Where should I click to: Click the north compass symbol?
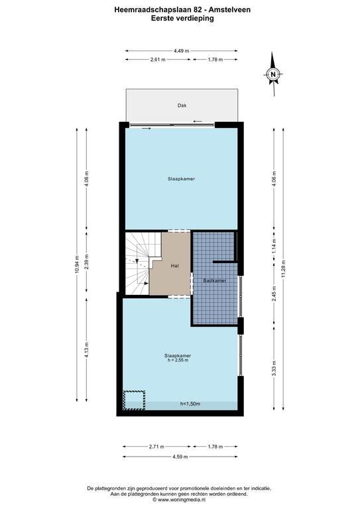click(x=273, y=74)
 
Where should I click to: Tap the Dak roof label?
click(x=182, y=105)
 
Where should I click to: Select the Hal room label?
click(x=174, y=266)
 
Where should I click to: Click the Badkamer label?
click(x=215, y=280)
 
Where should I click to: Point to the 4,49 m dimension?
click(x=182, y=50)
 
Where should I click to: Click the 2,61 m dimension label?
click(x=158, y=60)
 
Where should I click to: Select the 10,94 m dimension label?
click(x=77, y=264)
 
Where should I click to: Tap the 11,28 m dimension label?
click(x=283, y=269)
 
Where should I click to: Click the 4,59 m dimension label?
click(x=180, y=457)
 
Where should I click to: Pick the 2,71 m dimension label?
click(x=156, y=447)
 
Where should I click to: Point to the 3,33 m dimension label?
click(x=274, y=368)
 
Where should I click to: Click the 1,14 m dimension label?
click(x=274, y=246)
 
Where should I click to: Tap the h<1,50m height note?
click(x=190, y=404)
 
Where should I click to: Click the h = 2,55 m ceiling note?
click(x=178, y=360)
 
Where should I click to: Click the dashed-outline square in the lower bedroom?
click(x=134, y=400)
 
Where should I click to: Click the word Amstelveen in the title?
click(x=229, y=10)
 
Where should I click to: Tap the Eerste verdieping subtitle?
click(x=182, y=18)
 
